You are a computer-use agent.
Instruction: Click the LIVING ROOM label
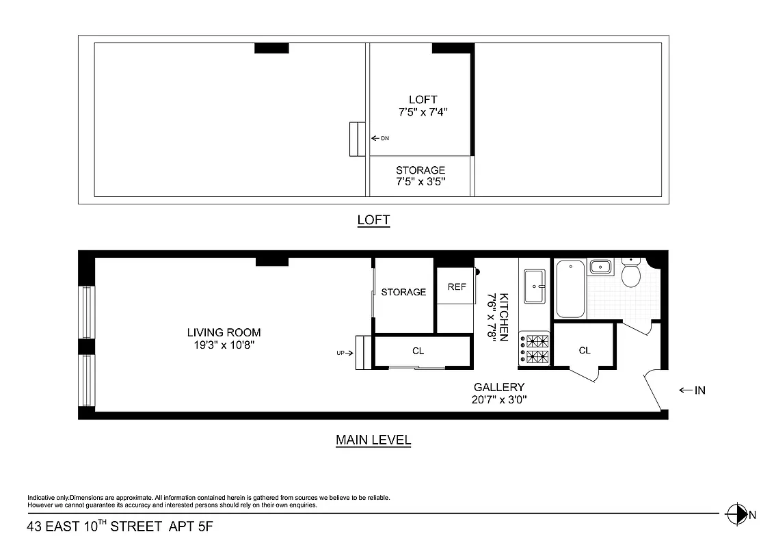coord(224,333)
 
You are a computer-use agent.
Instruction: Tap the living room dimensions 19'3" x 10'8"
coord(224,345)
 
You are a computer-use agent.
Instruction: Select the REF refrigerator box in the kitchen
coord(456,287)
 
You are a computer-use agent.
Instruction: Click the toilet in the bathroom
coord(630,275)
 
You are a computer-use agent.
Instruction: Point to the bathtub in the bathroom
coord(569,289)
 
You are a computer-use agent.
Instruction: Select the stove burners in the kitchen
coord(535,348)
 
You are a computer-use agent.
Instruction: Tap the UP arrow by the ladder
coord(343,353)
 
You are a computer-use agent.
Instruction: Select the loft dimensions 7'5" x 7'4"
coord(423,111)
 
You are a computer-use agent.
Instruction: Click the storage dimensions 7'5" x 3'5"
coord(421,182)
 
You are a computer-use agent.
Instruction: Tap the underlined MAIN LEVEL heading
coord(373,440)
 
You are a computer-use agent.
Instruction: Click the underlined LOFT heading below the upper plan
coord(373,220)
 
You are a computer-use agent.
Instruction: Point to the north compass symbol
coord(737,513)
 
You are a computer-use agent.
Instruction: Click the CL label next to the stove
coord(584,351)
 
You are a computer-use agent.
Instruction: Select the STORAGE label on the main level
coord(403,292)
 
